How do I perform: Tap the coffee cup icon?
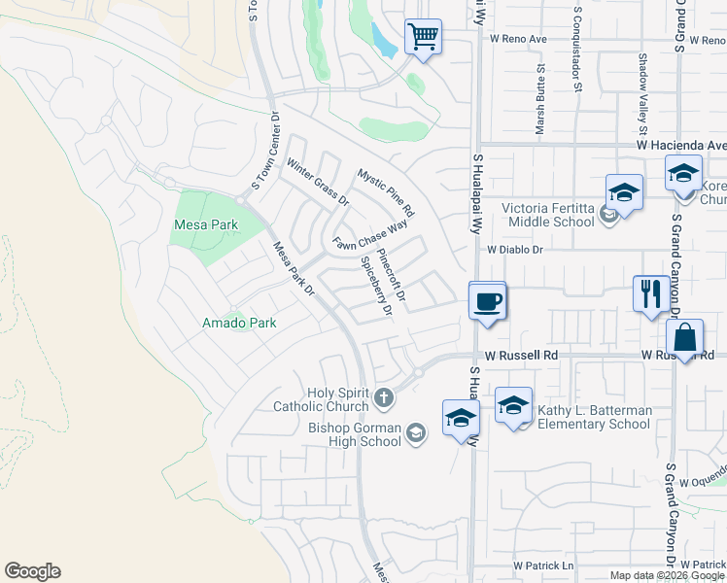pos(487,300)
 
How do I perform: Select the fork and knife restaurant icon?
pos(649,293)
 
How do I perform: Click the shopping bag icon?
pos(685,338)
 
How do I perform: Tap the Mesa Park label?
pos(205,224)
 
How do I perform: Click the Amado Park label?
pos(239,323)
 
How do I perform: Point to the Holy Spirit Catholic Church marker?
pos(385,396)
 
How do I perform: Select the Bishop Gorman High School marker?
pos(416,432)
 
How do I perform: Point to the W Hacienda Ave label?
pos(681,145)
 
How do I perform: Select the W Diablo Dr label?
pos(514,249)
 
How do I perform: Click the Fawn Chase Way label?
pos(369,234)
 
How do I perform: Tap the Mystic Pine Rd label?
pos(386,191)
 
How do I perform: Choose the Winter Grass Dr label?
pos(317,183)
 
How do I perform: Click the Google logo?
pos(32,571)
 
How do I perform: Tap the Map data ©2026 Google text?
pos(667,575)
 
